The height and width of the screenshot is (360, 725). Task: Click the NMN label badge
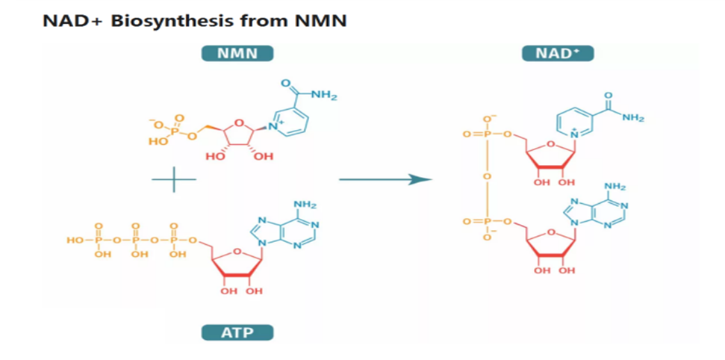[x=237, y=54]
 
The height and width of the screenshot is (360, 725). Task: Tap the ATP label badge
[x=237, y=332]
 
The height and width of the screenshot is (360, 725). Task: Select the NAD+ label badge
[x=558, y=54]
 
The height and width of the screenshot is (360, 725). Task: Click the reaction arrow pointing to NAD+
[x=385, y=179]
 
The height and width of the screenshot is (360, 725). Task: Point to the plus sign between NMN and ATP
[x=174, y=179]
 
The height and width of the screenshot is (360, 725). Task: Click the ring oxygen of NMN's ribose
[x=237, y=122]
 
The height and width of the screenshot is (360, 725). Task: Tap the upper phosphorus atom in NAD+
[x=486, y=134]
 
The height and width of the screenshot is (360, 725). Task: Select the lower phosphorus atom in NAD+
[x=486, y=222]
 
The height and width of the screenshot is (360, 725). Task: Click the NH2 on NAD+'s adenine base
[x=615, y=187]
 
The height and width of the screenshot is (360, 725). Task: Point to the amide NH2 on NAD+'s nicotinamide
[x=633, y=117]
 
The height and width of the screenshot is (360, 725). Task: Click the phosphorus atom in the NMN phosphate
[x=174, y=131]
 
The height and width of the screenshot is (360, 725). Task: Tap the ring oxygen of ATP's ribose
[x=236, y=252]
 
